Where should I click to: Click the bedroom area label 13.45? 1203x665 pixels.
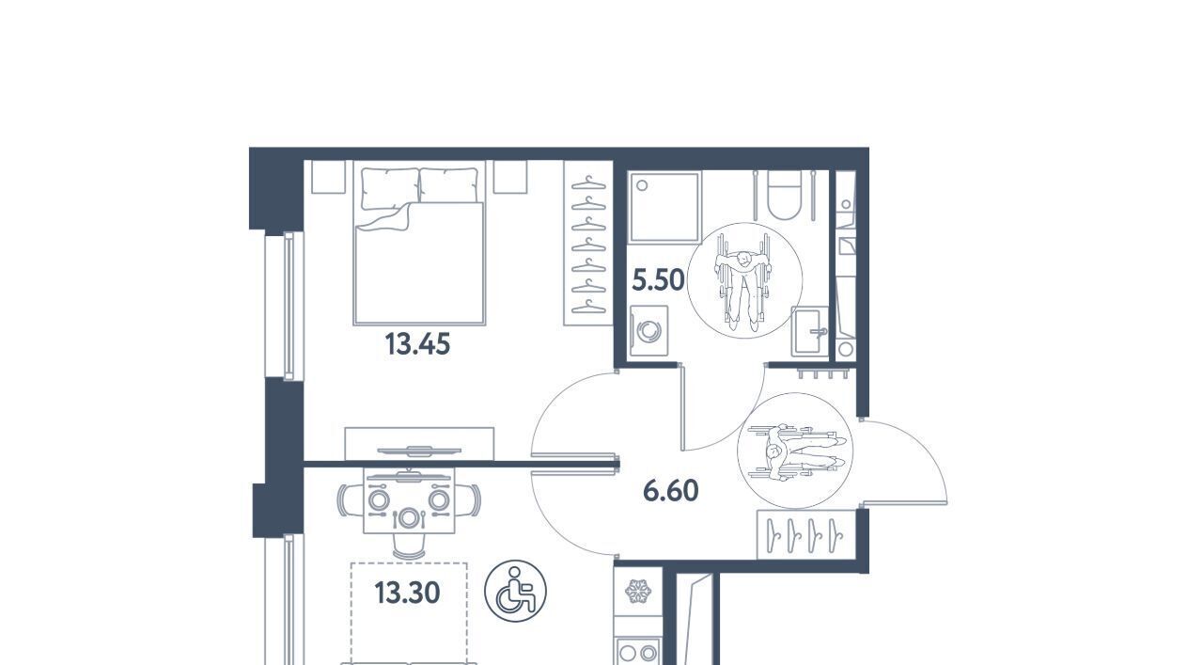(x=417, y=344)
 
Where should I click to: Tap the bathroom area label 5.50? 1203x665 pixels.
(x=659, y=280)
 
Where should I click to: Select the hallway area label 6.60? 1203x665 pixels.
(x=671, y=491)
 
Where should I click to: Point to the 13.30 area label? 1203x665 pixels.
(x=408, y=593)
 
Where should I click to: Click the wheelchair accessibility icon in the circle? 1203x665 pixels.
(x=515, y=591)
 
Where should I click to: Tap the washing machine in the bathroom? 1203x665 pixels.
(x=649, y=330)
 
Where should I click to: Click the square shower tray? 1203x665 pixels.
(x=664, y=207)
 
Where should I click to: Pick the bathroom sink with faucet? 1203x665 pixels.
(x=810, y=332)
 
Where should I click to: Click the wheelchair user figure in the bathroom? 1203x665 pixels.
(x=744, y=280)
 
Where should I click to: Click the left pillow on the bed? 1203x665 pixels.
(x=390, y=188)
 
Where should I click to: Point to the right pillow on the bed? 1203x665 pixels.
(x=448, y=186)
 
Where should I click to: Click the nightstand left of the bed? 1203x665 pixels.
(x=328, y=176)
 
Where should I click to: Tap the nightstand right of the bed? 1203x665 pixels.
(x=510, y=176)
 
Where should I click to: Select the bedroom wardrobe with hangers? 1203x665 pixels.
(x=588, y=243)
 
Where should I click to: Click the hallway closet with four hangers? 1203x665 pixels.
(x=806, y=535)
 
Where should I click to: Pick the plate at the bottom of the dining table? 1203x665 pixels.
(x=409, y=519)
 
